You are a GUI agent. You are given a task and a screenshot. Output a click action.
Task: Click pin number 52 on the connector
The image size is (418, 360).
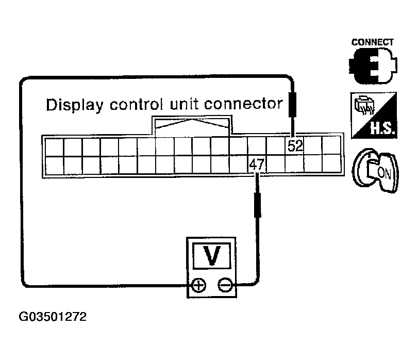[x=295, y=146]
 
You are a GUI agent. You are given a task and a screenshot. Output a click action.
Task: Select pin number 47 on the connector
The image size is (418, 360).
[x=256, y=165]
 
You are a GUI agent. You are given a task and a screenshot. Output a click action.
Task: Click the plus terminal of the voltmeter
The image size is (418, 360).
[x=198, y=285]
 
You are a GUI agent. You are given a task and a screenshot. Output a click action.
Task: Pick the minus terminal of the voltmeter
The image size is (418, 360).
[x=224, y=285]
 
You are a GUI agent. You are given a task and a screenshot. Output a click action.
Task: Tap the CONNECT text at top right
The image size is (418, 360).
[x=372, y=42]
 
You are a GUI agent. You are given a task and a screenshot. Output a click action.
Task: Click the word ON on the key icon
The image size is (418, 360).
[x=384, y=173]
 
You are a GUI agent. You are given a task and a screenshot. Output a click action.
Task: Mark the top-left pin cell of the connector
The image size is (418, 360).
[x=55, y=146]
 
